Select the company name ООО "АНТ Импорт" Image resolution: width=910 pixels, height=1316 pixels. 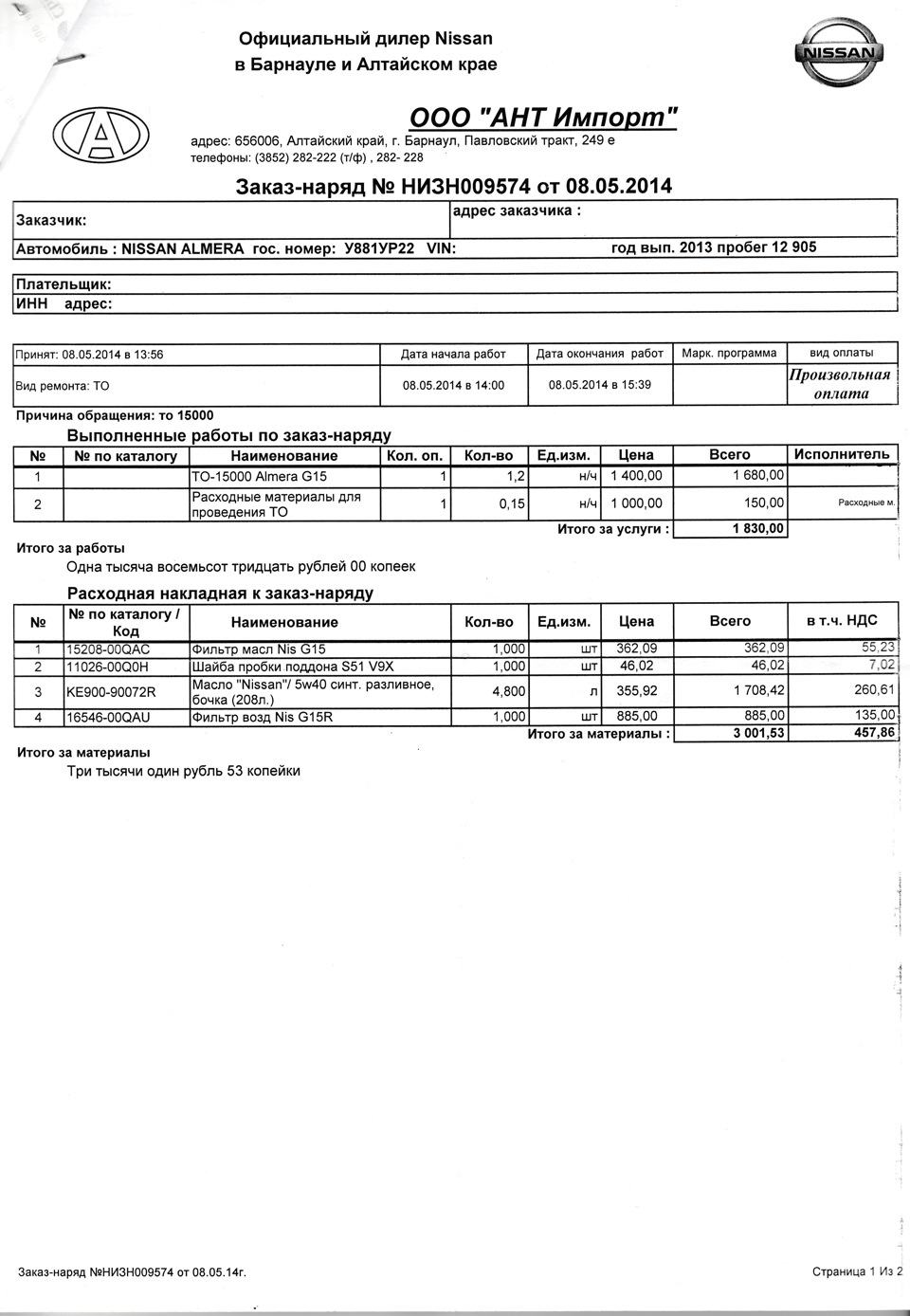pos(543,118)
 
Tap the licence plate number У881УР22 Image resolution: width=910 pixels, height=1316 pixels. pos(379,248)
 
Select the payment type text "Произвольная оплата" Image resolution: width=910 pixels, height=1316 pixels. pos(841,384)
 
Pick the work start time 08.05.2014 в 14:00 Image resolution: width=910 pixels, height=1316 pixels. pos(453,386)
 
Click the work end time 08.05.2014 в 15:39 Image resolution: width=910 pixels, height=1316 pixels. pos(600,385)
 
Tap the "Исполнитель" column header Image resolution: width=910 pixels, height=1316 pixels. pos(842,454)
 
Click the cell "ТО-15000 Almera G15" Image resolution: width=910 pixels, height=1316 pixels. pos(259,476)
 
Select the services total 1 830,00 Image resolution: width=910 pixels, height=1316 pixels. pos(758,529)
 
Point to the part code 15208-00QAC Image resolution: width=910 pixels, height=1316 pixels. pos(108,649)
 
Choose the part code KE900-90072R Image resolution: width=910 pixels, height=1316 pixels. pos(111,692)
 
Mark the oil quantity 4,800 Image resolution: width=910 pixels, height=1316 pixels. pos(508,692)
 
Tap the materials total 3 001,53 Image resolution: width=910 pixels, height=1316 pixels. pos(758,733)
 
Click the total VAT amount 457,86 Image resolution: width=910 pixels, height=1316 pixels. pos(873,733)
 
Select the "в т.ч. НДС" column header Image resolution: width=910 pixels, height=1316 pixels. pos(842,621)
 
